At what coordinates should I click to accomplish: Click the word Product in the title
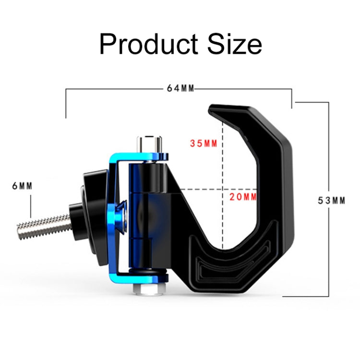(148, 44)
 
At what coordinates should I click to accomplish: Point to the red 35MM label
(204, 144)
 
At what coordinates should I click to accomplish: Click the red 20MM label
(243, 196)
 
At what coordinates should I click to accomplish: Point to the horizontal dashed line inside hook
(202, 189)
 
